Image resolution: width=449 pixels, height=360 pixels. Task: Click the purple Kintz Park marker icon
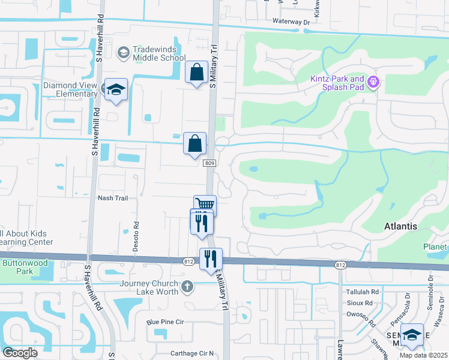click(x=373, y=81)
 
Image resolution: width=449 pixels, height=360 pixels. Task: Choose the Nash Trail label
click(x=113, y=198)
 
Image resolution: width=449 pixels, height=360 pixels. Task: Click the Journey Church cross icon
click(x=188, y=286)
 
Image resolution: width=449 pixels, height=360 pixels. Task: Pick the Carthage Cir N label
click(x=182, y=353)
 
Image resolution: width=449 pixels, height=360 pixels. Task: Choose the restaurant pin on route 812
click(x=211, y=259)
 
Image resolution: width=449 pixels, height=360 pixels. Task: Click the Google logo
click(x=20, y=353)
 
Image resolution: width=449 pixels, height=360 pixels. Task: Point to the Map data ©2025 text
click(x=424, y=355)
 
